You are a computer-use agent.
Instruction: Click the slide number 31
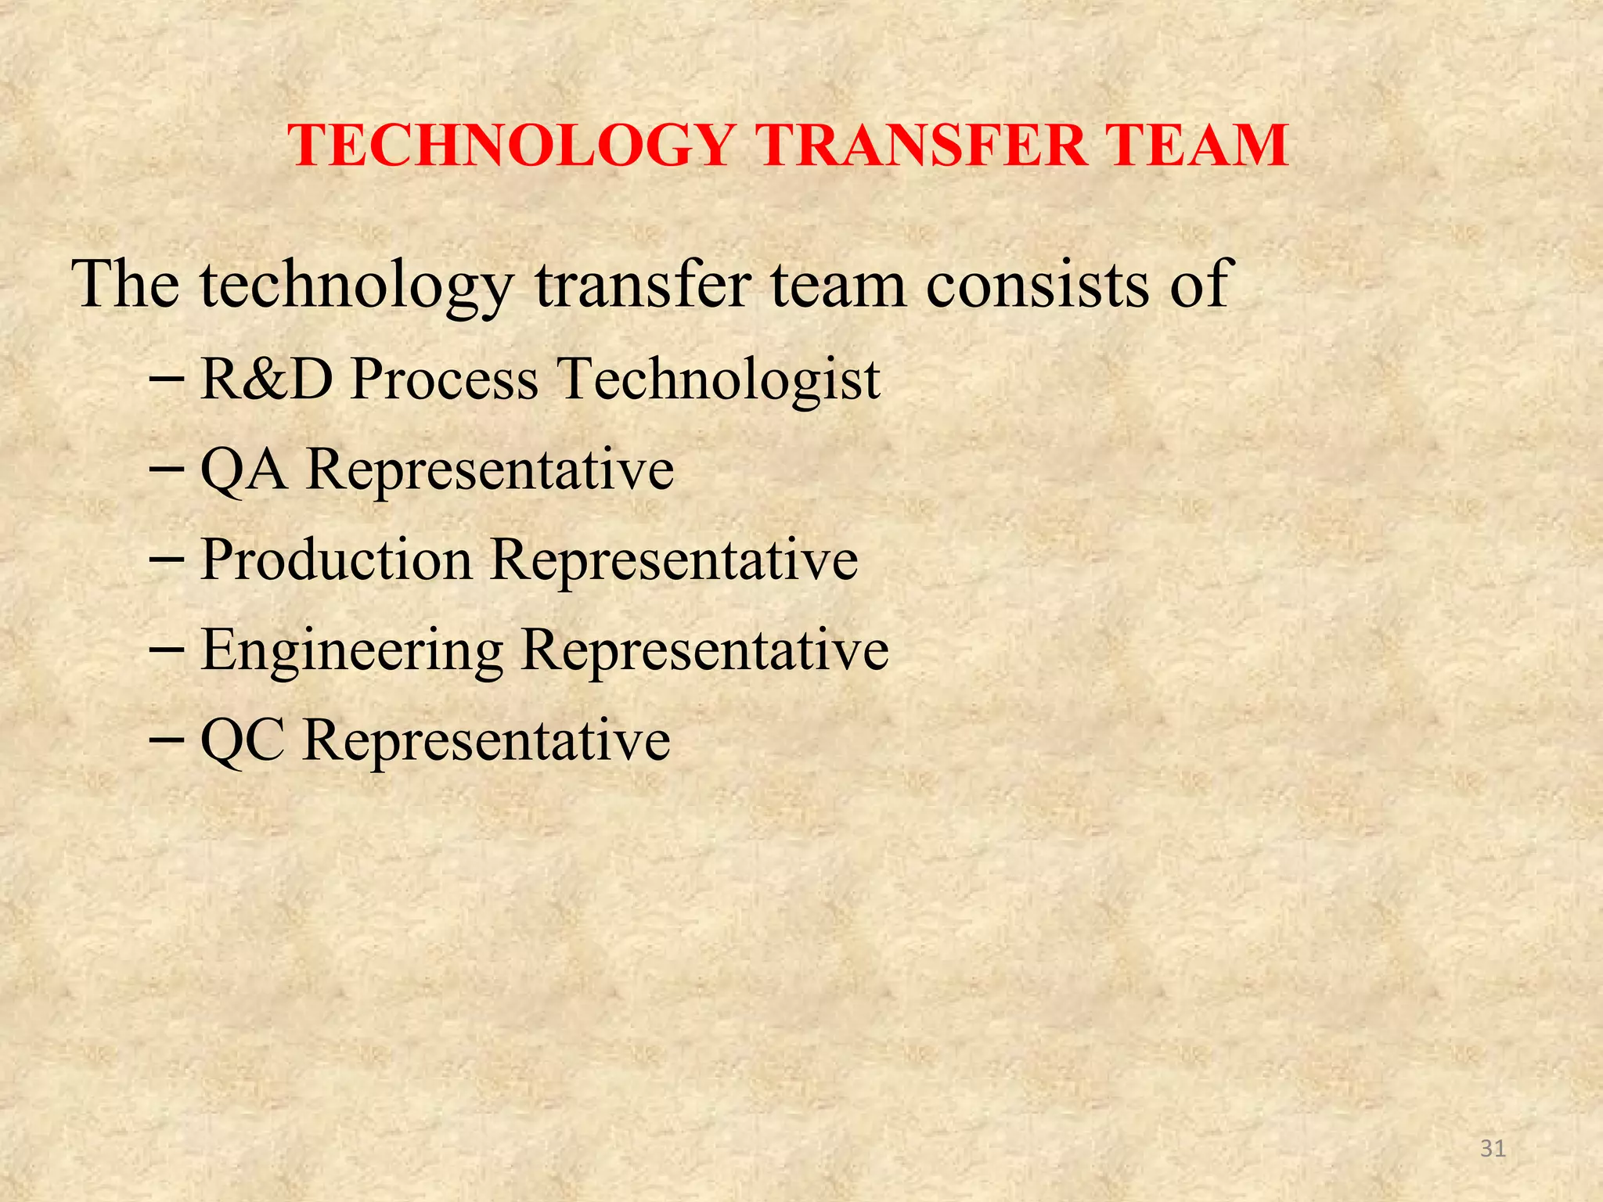(1493, 1148)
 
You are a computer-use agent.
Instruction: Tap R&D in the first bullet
(267, 379)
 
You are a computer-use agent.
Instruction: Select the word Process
(445, 379)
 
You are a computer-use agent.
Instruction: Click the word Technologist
(720, 380)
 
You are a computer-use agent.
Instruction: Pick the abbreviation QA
(243, 470)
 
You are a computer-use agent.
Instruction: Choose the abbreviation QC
(242, 740)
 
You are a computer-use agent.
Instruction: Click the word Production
(337, 560)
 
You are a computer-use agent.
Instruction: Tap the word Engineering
(351, 651)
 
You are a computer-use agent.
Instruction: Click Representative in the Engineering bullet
(704, 651)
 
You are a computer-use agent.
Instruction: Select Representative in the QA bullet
(490, 470)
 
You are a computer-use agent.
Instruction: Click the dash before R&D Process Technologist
(166, 379)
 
